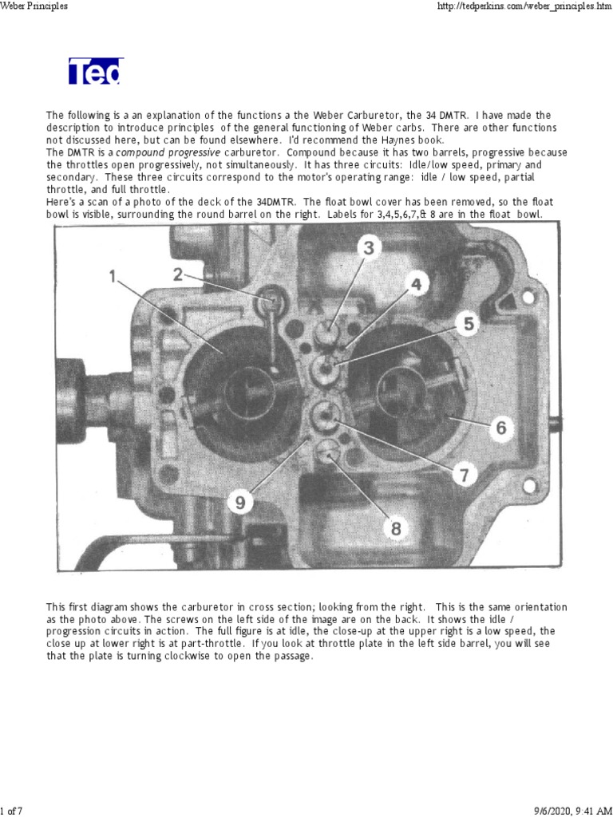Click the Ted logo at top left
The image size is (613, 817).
95,72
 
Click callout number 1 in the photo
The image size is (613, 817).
112,276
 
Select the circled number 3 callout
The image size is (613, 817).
368,247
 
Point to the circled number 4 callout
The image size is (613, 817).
417,282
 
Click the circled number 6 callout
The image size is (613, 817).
500,427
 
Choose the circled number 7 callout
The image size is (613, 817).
465,475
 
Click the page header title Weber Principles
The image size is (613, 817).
34,6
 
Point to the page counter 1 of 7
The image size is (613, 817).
11,811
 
